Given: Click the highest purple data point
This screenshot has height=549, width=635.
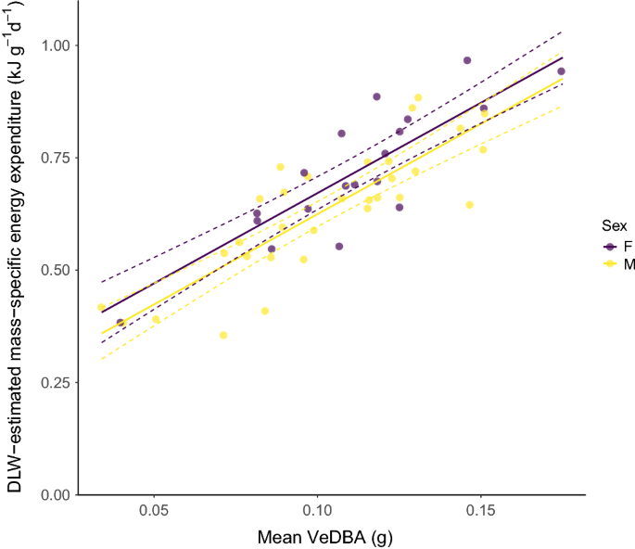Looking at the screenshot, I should (467, 60).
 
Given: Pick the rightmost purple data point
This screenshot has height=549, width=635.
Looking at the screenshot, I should (561, 71).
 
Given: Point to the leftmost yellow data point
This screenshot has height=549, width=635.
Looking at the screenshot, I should (101, 308).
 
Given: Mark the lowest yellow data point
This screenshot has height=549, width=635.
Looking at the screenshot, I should (223, 335).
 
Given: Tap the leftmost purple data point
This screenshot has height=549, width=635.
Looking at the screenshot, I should (121, 323).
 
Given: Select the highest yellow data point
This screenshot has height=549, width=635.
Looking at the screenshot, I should (418, 97).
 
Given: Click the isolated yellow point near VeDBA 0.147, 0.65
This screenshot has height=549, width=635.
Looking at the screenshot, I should (469, 205).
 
